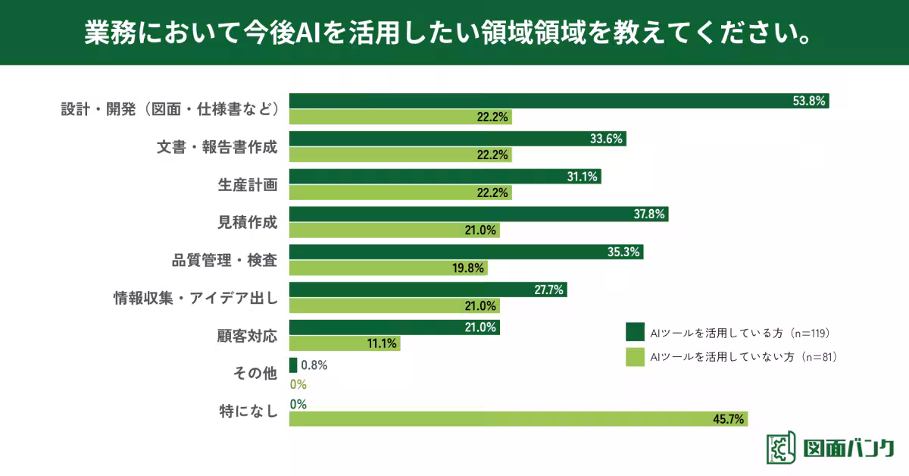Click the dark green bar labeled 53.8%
coord(559,101)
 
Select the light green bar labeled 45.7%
coord(519,419)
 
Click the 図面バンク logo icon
coord(781,448)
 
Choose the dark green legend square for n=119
coord(634,332)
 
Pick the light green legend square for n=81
coord(634,355)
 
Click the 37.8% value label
coord(649,215)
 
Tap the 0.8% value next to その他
coord(314,365)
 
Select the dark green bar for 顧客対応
coord(394,328)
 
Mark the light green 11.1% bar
coord(345,343)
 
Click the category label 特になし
coord(248,412)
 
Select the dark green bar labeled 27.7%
coord(428,290)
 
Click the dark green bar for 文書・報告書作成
coord(458,139)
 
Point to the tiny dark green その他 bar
coord(292,365)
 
